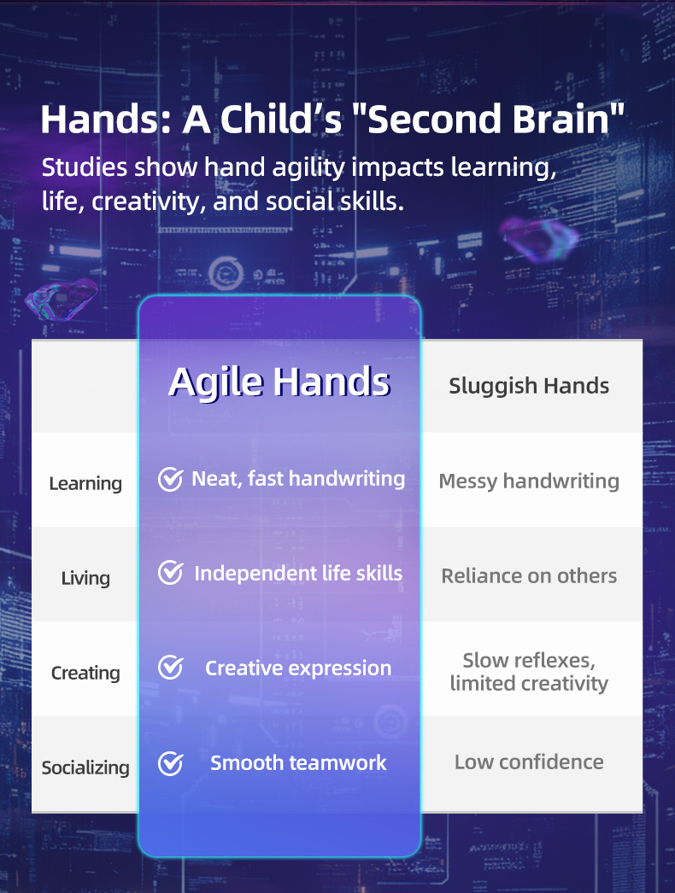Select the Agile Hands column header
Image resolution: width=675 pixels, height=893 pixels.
(279, 382)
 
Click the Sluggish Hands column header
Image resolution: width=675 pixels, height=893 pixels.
(529, 386)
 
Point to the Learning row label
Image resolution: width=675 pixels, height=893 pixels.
(85, 483)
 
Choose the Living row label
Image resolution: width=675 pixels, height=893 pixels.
(85, 578)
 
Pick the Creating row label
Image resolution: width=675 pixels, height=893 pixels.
(85, 673)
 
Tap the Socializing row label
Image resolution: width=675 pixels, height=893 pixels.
(85, 768)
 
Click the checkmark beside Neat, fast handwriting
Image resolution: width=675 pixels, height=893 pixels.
(171, 479)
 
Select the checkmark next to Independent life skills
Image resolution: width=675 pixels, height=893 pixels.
(171, 572)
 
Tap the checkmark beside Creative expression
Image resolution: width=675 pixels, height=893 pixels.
(171, 668)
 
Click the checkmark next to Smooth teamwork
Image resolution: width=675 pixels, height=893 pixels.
(171, 763)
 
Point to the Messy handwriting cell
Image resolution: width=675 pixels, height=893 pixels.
(529, 482)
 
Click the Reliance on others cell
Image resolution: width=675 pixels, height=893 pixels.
(529, 575)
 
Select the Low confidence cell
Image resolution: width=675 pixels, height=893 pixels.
(529, 762)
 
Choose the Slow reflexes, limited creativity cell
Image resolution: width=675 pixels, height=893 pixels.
(529, 672)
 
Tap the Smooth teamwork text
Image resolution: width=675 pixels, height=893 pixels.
(298, 762)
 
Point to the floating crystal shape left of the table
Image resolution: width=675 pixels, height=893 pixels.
(62, 298)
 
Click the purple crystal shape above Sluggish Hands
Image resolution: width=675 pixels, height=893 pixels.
(538, 237)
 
